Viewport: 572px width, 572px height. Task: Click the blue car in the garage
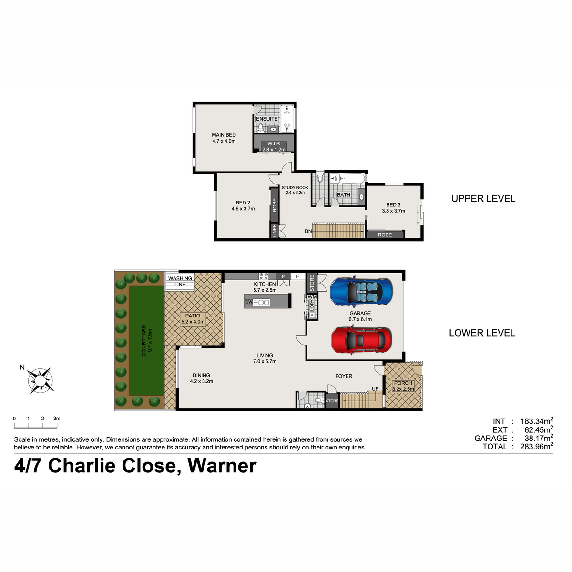(x=361, y=291)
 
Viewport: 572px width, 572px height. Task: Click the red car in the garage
(x=361, y=340)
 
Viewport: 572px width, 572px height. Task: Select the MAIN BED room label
(x=224, y=135)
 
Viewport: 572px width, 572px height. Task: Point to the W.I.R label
(x=274, y=143)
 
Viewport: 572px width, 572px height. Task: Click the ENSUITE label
(x=267, y=119)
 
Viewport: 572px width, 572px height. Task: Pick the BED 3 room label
(x=393, y=205)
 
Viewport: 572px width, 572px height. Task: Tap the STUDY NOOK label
(x=295, y=188)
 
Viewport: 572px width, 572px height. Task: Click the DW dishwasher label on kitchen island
(x=248, y=302)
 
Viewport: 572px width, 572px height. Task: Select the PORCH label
(x=403, y=383)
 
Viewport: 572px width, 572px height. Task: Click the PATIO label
(x=193, y=316)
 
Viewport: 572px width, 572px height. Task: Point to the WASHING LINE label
(x=180, y=281)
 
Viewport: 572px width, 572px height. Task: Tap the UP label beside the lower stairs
(x=375, y=389)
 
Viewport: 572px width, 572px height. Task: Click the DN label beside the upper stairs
(x=308, y=231)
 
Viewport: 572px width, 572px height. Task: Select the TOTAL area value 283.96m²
(x=536, y=447)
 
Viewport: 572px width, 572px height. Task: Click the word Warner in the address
(x=222, y=466)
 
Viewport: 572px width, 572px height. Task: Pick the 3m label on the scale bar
(x=57, y=419)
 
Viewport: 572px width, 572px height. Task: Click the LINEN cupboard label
(x=274, y=230)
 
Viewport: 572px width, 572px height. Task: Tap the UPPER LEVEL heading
(x=483, y=199)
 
